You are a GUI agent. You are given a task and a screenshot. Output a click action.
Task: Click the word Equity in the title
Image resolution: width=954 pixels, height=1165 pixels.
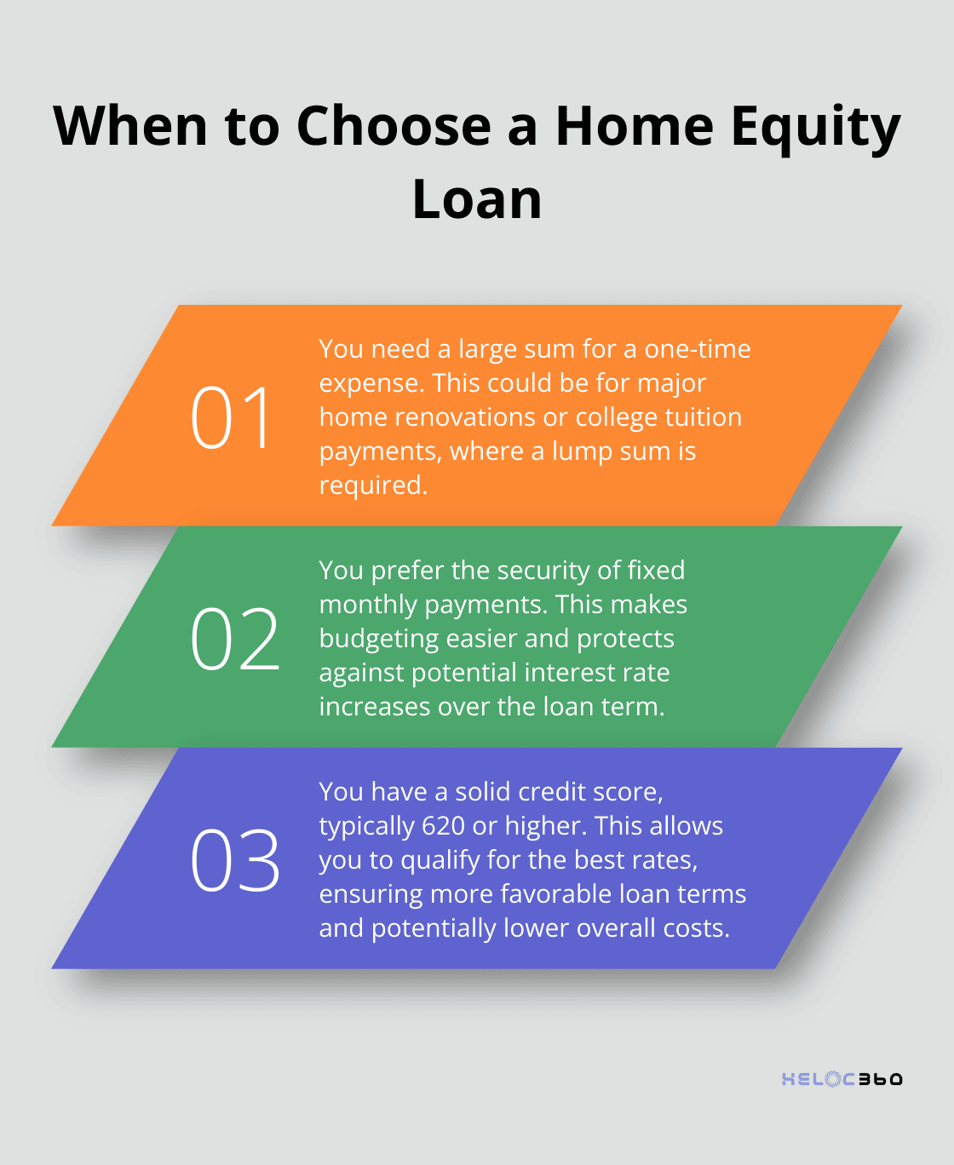815,128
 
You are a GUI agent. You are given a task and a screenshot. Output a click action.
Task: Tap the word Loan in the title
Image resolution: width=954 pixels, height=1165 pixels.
477,200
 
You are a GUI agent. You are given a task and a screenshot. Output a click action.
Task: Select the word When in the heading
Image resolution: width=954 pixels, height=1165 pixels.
130,126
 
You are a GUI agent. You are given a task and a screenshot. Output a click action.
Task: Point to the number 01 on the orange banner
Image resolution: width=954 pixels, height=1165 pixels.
231,417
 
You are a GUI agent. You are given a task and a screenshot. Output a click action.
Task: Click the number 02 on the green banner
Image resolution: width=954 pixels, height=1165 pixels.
235,639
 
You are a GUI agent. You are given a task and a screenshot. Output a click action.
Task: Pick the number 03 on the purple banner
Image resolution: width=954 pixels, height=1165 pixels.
235,860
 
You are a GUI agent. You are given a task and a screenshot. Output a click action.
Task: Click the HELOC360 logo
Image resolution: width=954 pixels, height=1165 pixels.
842,1079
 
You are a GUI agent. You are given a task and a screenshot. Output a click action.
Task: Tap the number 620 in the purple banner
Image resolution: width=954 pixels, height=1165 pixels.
443,826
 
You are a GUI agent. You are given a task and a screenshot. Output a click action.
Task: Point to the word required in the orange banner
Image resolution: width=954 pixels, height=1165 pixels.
372,485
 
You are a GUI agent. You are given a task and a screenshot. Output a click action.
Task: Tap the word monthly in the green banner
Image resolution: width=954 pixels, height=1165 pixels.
369,605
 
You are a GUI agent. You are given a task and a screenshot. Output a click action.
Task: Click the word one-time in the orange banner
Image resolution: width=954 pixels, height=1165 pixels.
698,349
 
